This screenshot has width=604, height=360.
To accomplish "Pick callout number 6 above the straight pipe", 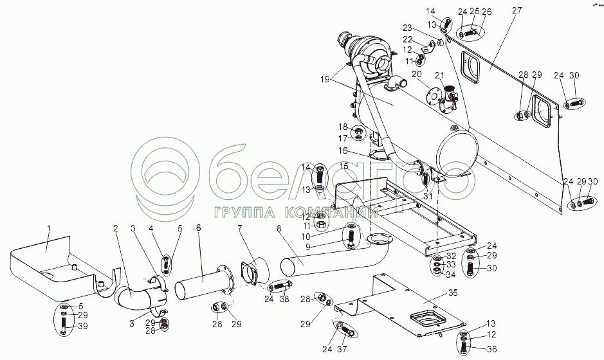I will coord(199,228).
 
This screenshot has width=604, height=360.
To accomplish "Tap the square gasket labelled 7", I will coord(250,273).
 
